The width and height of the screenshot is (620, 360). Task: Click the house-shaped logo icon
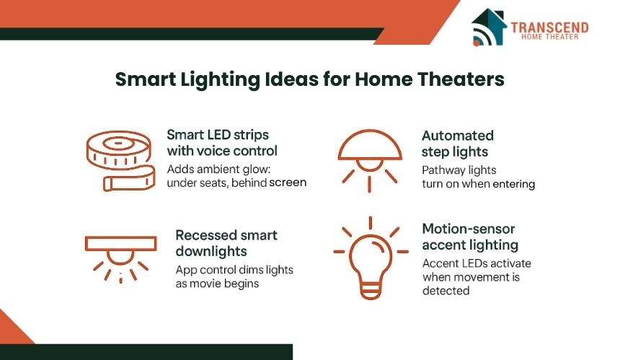(489, 27)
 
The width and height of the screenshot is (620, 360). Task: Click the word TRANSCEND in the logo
(549, 27)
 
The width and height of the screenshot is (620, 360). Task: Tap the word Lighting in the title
(220, 80)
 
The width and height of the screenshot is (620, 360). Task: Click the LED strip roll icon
(120, 161)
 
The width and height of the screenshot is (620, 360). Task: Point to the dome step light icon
(370, 161)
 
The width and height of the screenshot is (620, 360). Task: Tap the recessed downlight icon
(120, 260)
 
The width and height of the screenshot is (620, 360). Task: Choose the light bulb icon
(371, 258)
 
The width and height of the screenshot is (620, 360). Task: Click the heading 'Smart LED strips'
(218, 135)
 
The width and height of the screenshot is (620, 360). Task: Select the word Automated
(458, 136)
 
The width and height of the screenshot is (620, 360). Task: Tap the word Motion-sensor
(469, 229)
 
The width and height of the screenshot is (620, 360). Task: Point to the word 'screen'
(288, 183)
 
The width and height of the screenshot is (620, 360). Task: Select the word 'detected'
(446, 291)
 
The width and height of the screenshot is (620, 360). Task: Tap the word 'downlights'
(211, 252)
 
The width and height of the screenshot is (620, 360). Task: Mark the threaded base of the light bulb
(371, 291)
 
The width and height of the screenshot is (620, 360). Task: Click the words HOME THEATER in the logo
(549, 37)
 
